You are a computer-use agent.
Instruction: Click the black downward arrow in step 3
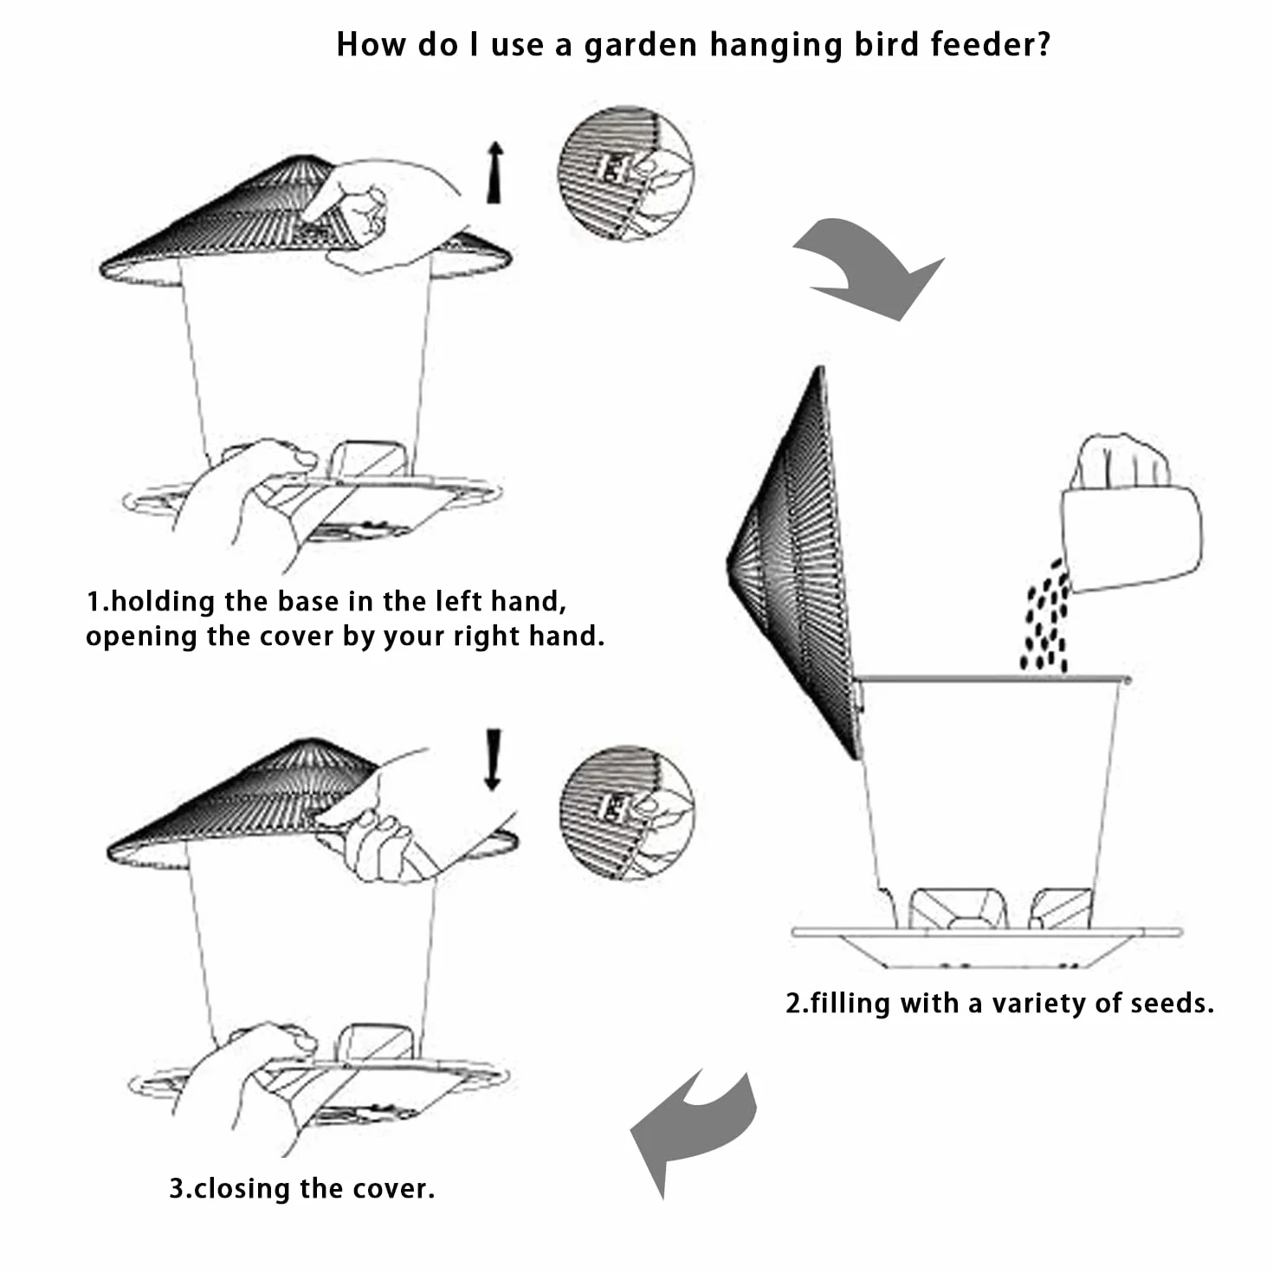(x=493, y=759)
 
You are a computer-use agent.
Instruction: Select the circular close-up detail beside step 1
(x=626, y=174)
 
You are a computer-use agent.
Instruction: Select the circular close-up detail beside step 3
(x=627, y=813)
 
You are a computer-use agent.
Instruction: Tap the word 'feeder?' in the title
(x=991, y=45)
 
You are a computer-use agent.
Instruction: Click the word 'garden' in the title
(x=640, y=46)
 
